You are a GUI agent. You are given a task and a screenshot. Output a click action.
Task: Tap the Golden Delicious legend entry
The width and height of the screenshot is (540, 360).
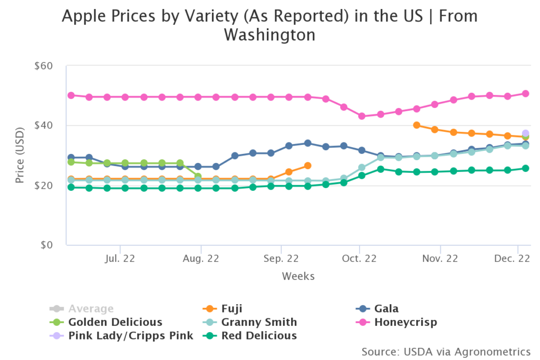tap(115, 322)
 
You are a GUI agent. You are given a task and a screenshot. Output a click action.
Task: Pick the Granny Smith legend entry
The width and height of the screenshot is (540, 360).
tap(259, 322)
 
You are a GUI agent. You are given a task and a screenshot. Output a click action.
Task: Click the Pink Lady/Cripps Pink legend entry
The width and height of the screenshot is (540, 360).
tap(131, 335)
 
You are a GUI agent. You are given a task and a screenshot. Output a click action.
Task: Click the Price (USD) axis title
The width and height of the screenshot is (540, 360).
tap(20, 155)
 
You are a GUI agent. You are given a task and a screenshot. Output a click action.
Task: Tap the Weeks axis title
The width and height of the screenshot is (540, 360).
tap(298, 276)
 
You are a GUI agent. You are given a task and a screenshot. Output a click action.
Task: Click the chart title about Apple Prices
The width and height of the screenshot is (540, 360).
tap(269, 25)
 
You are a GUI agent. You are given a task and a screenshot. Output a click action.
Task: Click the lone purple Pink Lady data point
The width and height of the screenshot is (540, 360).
tap(525, 133)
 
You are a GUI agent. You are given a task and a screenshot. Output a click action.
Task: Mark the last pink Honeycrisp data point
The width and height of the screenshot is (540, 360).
tap(525, 93)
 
